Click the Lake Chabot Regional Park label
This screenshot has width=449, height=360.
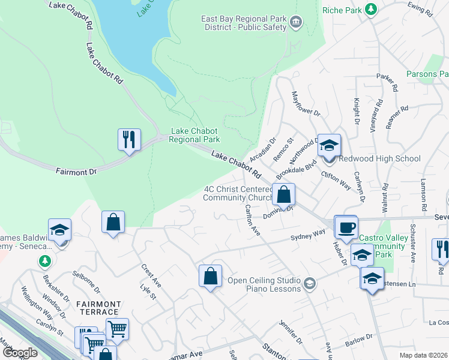[x=195, y=135]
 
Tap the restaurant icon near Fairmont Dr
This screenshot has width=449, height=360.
[x=129, y=140]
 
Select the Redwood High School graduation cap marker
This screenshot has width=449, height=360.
[x=329, y=146]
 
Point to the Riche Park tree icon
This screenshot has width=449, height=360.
[x=372, y=10]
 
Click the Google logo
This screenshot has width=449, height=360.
[x=20, y=353]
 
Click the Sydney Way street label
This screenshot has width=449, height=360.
[x=307, y=233]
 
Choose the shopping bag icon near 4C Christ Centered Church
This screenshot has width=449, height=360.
[x=284, y=194]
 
